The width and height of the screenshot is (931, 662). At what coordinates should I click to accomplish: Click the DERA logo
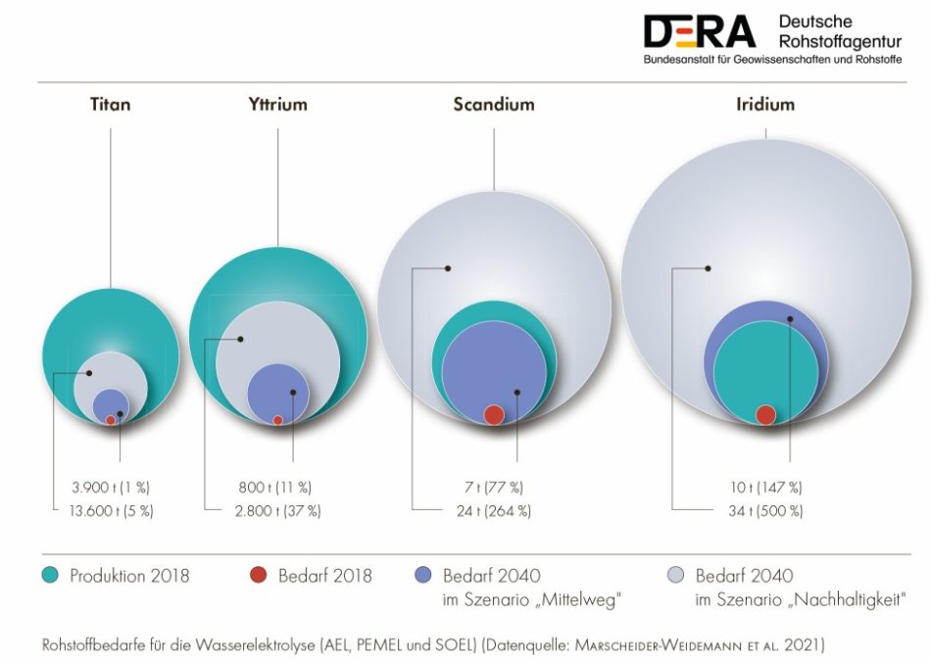[x=700, y=32]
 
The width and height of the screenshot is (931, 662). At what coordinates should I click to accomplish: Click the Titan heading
[x=110, y=105]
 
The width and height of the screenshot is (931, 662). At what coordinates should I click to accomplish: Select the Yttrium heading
[x=278, y=105]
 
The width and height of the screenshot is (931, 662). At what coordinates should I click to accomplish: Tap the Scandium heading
[x=494, y=105]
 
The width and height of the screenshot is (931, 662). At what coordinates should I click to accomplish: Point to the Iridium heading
[x=765, y=105]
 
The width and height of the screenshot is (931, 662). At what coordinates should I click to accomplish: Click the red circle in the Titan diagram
[x=111, y=420]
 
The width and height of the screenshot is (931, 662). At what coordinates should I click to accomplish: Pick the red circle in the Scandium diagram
[x=495, y=414]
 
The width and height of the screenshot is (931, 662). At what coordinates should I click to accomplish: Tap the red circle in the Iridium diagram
[x=766, y=414]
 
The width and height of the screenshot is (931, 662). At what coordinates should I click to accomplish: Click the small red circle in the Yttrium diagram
[x=278, y=420]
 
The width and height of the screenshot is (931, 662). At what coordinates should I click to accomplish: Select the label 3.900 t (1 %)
[x=111, y=487]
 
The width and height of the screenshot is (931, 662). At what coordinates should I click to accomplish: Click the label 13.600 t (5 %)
[x=112, y=510]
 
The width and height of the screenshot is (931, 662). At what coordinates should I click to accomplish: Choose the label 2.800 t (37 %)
[x=278, y=510]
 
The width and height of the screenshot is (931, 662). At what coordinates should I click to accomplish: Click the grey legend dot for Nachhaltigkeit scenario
[x=676, y=575]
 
